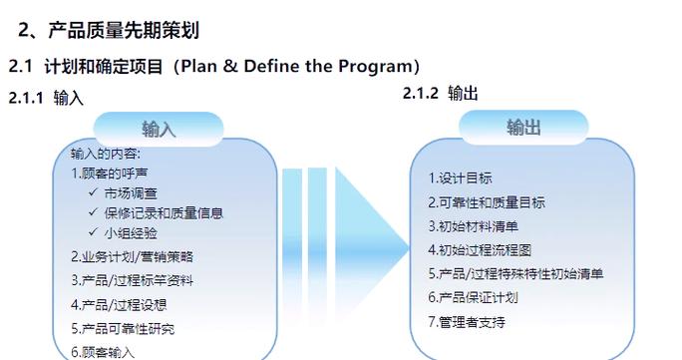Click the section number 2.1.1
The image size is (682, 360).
[27, 98]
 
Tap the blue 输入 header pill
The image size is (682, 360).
[159, 130]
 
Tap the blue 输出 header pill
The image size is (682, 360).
[523, 128]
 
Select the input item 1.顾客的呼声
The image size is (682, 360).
[116, 173]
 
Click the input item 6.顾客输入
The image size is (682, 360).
[103, 351]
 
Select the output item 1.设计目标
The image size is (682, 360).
[460, 179]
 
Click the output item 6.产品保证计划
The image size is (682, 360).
[473, 297]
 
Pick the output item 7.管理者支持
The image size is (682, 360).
[467, 321]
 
